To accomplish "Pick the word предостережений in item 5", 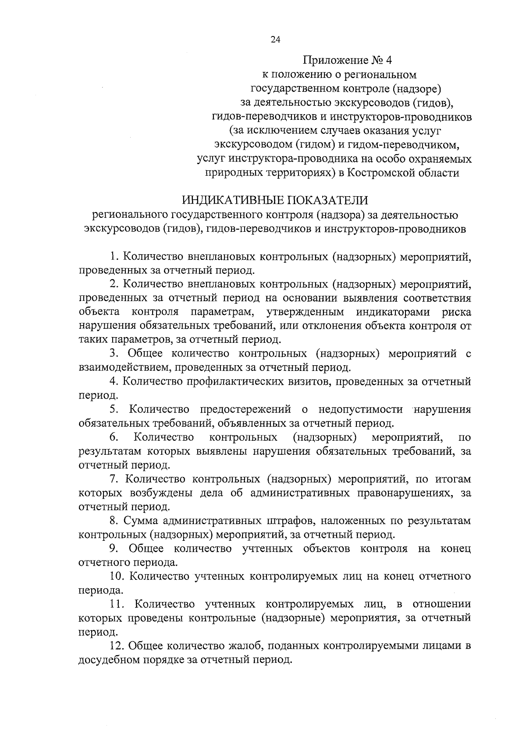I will pos(245,410).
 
